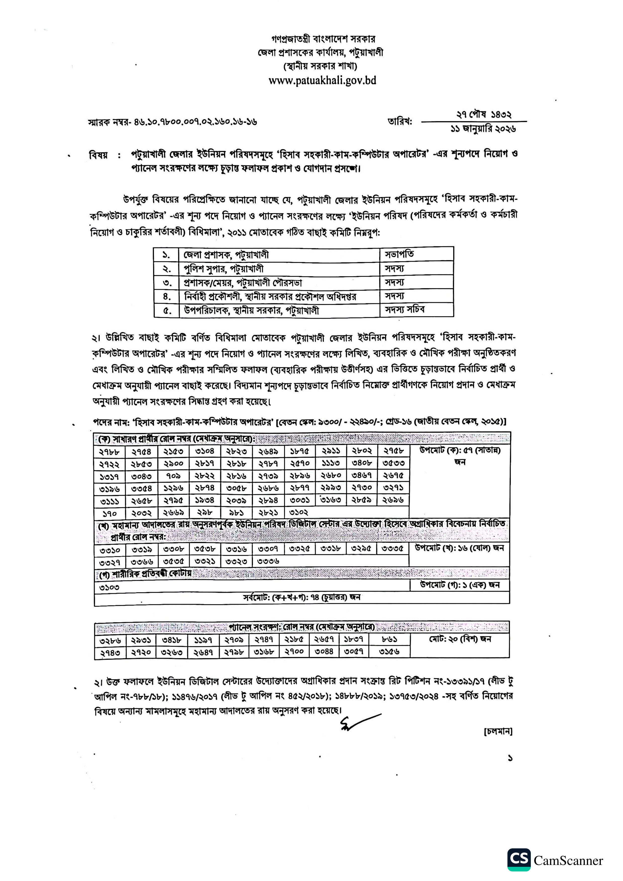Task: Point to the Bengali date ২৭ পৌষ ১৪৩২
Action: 484,114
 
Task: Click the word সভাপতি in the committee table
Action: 399,254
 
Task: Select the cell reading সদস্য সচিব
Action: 405,310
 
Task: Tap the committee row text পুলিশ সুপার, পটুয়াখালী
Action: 224,269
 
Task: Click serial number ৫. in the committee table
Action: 167,310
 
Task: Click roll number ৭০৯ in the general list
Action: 173,476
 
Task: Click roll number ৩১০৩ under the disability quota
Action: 109,587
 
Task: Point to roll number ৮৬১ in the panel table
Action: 389,640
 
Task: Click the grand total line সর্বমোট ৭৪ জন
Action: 301,598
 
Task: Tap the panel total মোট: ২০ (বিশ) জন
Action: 460,639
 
